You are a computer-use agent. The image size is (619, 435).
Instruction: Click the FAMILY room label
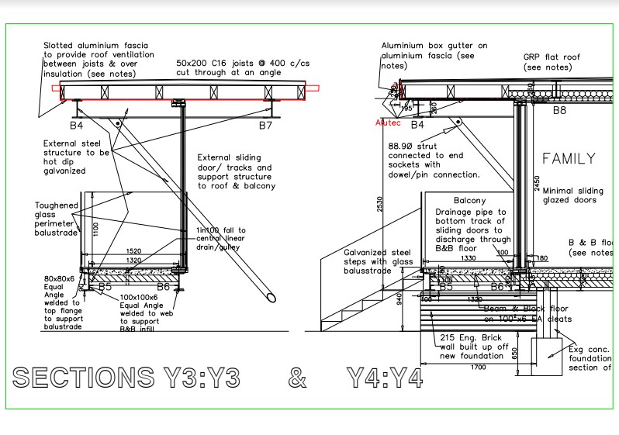[x=569, y=159]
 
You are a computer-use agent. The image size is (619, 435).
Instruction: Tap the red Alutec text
[x=387, y=123]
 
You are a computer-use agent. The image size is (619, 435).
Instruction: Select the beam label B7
[x=266, y=124]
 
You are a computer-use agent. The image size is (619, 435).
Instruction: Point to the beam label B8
[x=559, y=110]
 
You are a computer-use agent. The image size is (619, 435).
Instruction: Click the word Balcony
[x=469, y=200]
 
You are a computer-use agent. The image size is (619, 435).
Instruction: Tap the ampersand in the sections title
[x=296, y=378]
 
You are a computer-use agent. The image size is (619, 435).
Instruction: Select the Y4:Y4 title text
[x=385, y=378]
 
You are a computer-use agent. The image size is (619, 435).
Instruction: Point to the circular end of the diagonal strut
[x=268, y=296]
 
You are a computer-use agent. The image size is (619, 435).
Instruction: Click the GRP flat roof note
[x=552, y=62]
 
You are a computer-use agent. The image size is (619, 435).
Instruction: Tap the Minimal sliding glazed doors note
[x=572, y=195]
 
